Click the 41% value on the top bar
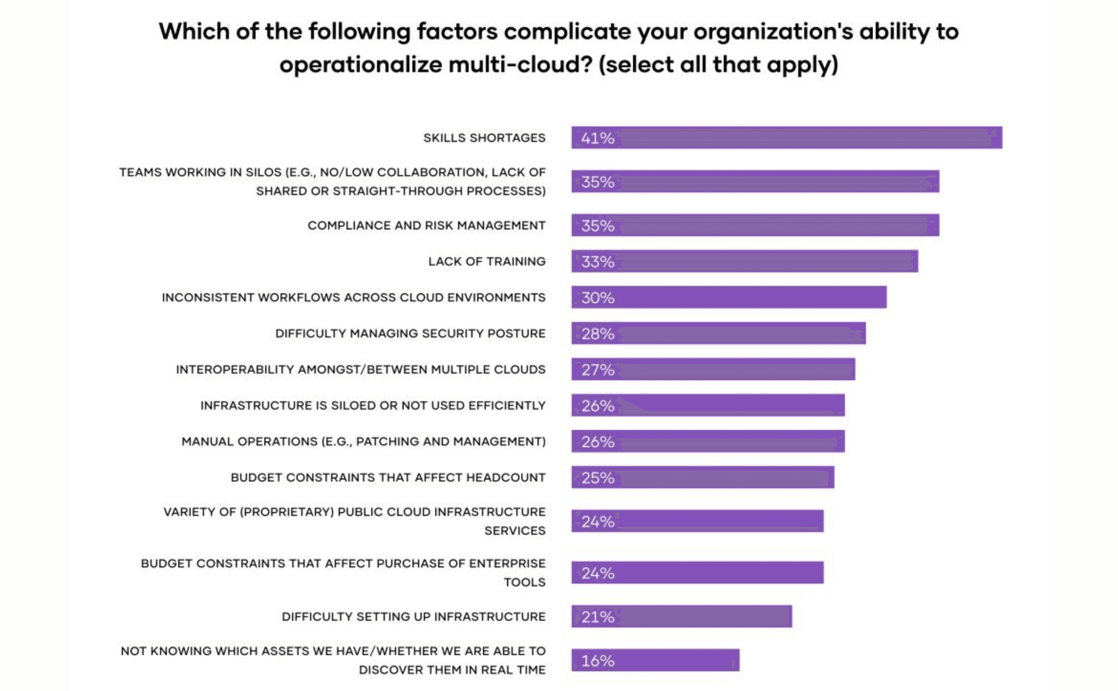(597, 138)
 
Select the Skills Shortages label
(484, 138)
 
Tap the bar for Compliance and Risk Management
(777, 225)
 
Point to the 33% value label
(597, 262)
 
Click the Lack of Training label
(486, 261)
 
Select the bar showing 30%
(750, 297)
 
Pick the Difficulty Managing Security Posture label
(410, 334)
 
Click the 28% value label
(597, 334)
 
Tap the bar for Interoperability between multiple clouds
(732, 369)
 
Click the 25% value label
(597, 478)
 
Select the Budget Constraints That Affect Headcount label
(388, 477)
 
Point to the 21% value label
(597, 618)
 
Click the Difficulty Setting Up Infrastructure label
(413, 617)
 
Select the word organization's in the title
(773, 32)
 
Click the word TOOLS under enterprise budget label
(524, 582)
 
